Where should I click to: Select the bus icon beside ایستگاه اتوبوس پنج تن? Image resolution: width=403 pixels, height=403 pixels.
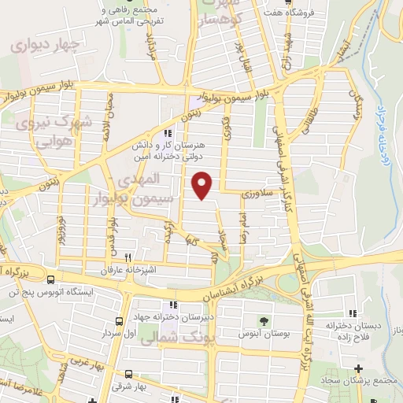pos(51,279)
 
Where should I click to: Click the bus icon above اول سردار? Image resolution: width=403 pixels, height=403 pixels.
pos(119,321)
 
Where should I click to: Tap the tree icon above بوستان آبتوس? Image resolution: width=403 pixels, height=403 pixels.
pos(264,321)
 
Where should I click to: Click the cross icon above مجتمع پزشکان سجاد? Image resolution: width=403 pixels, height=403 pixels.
pos(359,368)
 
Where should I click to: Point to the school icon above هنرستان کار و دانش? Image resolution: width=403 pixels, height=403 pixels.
pos(167,134)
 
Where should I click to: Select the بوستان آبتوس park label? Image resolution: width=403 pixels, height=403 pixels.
pos(263,334)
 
